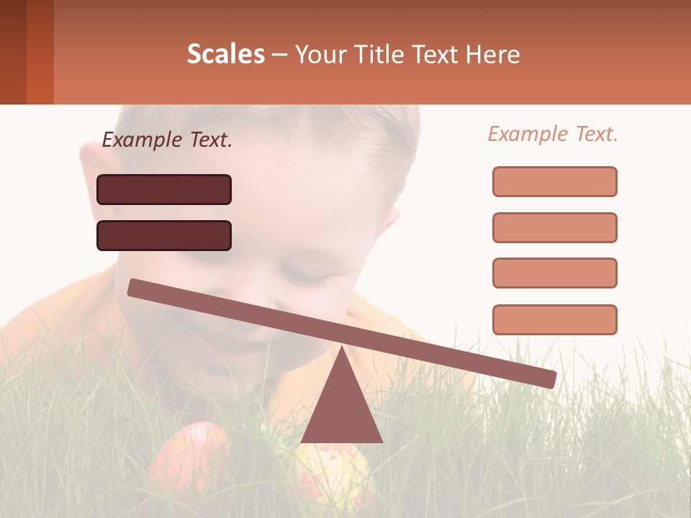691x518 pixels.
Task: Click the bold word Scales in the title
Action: pos(225,54)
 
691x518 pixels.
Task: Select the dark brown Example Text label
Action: pos(167,140)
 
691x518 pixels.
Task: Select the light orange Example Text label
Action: pos(553,134)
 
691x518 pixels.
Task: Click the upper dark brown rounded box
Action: pos(164,189)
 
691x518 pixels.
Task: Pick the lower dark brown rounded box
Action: pos(164,235)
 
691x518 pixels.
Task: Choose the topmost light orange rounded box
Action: pos(554,181)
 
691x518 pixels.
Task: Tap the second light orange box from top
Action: pos(554,227)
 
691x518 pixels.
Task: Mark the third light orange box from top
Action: pos(554,273)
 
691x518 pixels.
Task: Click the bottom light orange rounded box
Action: pos(554,319)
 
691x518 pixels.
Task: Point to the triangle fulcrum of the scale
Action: pos(341,406)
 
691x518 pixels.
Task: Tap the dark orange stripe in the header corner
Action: pos(40,52)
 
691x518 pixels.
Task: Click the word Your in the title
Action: pos(320,54)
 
